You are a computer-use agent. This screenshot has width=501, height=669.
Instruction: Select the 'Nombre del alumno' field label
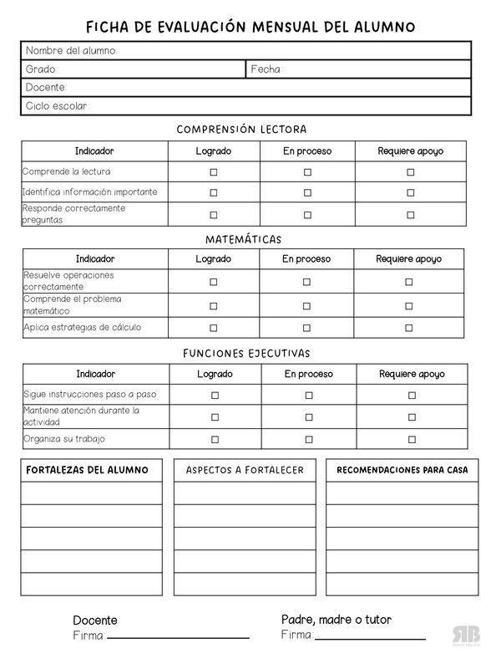(70, 51)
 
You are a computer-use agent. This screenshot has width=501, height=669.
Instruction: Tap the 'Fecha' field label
(266, 69)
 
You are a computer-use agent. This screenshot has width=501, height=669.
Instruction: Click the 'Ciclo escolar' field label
(56, 106)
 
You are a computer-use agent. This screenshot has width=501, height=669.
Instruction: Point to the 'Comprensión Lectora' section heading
(242, 130)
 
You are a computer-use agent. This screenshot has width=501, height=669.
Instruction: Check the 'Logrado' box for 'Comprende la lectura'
(214, 171)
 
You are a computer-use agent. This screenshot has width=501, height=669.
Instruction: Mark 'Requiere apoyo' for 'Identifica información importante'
(410, 192)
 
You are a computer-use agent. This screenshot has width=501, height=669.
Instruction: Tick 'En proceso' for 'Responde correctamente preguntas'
(307, 214)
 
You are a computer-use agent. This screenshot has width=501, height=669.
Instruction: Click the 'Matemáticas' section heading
(243, 239)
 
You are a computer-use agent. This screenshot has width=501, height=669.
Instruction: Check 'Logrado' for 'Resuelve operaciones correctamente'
(213, 282)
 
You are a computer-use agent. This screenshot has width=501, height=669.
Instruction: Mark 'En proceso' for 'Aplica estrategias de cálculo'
(306, 328)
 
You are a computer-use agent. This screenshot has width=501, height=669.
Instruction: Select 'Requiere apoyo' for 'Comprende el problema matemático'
(408, 305)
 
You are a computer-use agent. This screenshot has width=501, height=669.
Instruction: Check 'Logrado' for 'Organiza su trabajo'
(215, 439)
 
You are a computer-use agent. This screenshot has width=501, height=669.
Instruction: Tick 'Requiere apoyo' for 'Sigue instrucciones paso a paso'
(412, 395)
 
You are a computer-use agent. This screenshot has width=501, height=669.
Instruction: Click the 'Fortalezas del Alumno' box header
(89, 470)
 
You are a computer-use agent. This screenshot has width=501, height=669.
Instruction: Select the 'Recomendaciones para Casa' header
(402, 470)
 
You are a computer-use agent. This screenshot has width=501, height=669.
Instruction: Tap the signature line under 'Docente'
(178, 638)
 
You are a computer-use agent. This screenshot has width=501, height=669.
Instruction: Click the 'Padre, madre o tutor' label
(337, 620)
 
